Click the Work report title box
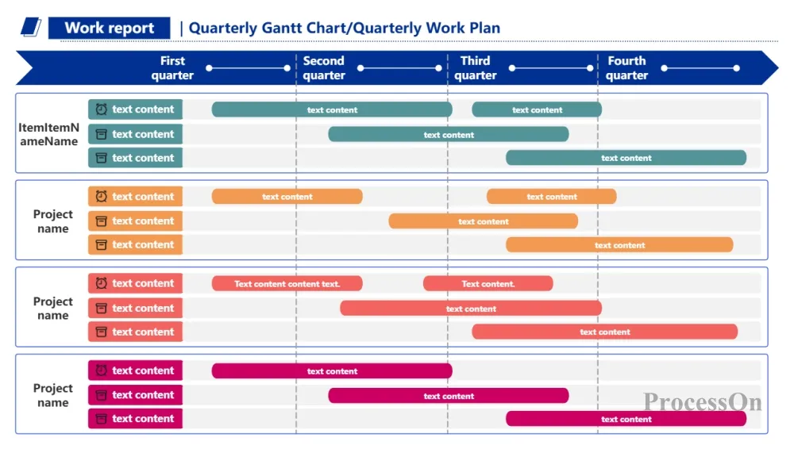tap(109, 28)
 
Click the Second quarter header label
tap(324, 68)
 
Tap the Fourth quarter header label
tap(627, 68)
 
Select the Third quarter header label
tap(476, 68)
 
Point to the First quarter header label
tap(172, 68)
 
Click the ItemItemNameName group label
tap(49, 134)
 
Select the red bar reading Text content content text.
tap(287, 283)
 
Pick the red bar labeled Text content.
tap(488, 283)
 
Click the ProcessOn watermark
tap(703, 402)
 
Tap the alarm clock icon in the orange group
tap(102, 197)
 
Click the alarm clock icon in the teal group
tap(102, 109)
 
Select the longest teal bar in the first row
tap(332, 109)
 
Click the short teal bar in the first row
tap(537, 109)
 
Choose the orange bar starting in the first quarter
tap(287, 197)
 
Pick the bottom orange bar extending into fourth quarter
tap(620, 245)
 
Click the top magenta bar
tap(332, 371)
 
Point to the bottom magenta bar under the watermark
tap(626, 419)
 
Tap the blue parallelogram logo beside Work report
tap(31, 27)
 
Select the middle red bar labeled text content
tap(471, 309)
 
